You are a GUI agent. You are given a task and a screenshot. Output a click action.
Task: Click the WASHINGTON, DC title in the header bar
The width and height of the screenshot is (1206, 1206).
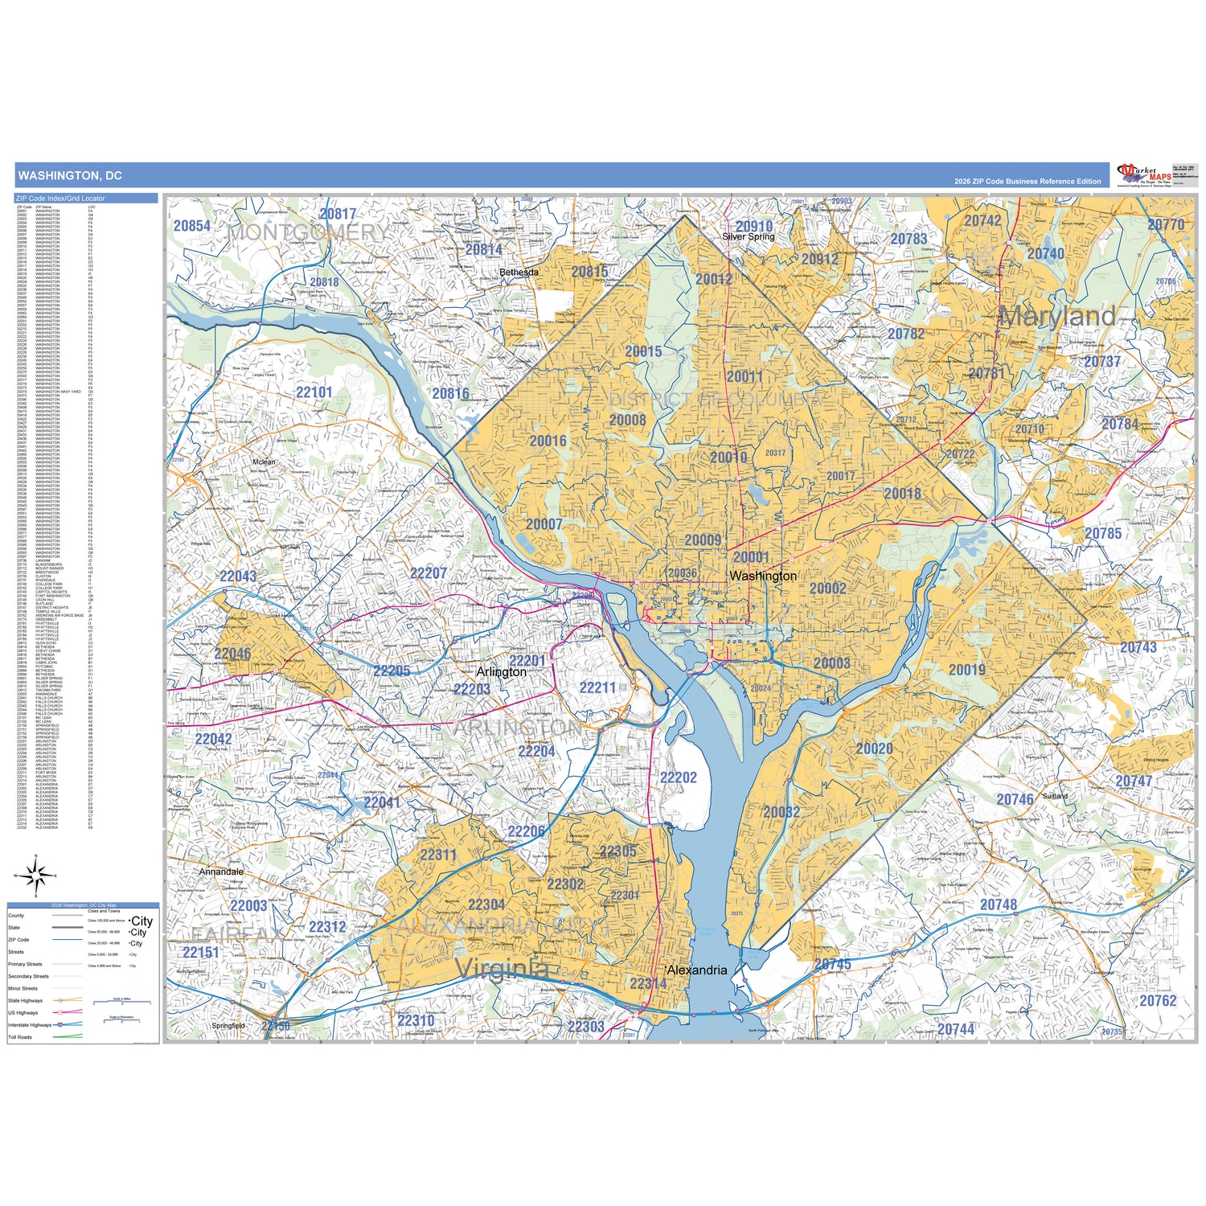(70, 175)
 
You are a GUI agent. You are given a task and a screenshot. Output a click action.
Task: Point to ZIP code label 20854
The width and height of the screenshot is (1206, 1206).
(192, 226)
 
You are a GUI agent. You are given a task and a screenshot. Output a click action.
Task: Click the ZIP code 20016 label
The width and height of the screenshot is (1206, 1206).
(548, 441)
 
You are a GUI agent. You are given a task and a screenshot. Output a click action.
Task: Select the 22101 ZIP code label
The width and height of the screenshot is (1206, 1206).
(314, 392)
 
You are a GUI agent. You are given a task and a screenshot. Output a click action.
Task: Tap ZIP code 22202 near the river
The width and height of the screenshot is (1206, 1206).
(678, 777)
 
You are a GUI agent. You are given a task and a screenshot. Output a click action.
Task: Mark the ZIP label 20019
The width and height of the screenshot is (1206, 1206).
(966, 670)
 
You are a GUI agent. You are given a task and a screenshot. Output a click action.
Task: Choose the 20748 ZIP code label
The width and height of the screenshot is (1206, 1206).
(998, 904)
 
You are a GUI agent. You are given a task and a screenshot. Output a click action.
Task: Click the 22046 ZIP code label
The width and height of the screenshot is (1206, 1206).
(232, 654)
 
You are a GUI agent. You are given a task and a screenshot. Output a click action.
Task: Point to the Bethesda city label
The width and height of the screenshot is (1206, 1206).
(519, 273)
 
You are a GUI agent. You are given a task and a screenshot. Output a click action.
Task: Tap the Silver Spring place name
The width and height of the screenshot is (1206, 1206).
(748, 237)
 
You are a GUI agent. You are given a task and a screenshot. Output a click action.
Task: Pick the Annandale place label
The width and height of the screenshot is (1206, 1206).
(220, 872)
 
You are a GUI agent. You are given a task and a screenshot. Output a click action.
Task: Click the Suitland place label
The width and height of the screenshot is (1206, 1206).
(1055, 796)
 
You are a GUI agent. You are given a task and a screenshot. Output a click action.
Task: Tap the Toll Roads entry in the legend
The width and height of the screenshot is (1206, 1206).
(20, 1037)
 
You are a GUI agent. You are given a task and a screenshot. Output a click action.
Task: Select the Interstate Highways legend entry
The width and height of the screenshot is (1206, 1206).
(30, 1025)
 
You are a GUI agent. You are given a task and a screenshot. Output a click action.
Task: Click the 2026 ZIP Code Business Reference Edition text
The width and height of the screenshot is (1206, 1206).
(1027, 182)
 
